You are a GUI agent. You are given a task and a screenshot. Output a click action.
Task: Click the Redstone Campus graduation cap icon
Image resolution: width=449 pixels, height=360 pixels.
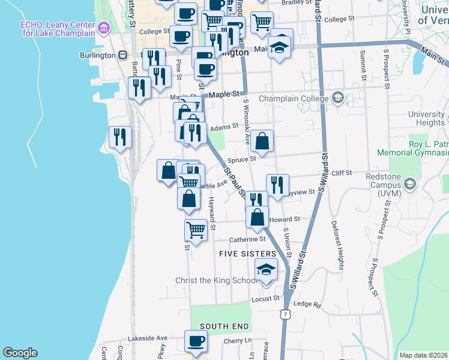click(410, 183)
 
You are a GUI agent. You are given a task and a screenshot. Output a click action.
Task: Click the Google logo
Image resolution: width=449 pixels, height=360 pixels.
click(20, 353)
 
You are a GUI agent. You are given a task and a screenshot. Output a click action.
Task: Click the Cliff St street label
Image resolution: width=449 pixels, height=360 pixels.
click(341, 173)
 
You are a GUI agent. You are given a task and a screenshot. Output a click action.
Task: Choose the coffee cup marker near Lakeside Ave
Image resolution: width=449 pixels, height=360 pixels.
click(196, 341)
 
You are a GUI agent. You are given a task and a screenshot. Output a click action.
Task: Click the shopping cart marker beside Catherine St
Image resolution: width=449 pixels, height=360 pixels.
click(196, 229)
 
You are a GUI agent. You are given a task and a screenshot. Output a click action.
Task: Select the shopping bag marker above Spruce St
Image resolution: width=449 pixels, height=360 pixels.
click(262, 142)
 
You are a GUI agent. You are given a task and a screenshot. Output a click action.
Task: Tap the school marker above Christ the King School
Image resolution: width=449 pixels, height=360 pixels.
click(267, 270)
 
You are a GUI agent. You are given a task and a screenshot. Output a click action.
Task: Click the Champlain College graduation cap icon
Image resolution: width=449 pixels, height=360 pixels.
click(337, 98)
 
